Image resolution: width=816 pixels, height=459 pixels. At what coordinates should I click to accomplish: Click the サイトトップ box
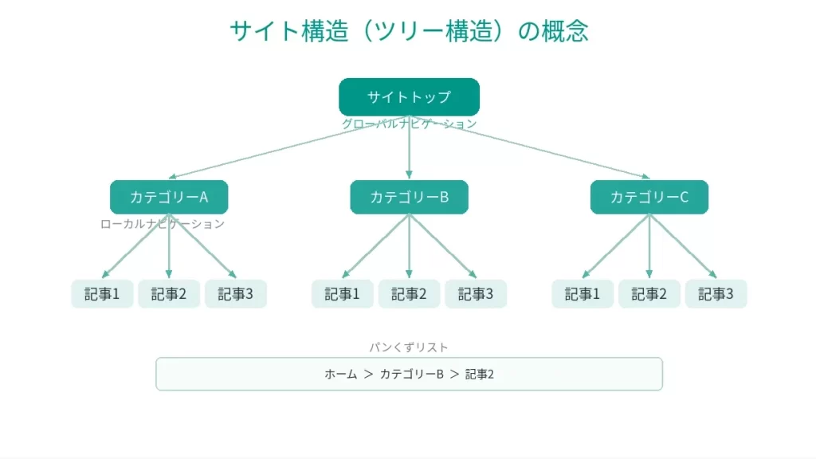409,97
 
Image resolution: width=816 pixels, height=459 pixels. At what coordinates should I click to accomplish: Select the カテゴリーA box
169,197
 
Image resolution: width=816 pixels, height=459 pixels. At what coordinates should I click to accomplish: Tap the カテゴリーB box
409,197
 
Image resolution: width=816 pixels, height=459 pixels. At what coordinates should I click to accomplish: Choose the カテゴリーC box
649,197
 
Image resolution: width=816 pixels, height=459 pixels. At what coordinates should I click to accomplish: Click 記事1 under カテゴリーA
102,294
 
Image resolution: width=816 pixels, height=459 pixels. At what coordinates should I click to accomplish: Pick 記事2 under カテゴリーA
169,294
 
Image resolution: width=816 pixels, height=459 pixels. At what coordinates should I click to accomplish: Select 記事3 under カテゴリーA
236,294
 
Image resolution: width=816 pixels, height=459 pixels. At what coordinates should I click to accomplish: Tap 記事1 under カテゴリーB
343,294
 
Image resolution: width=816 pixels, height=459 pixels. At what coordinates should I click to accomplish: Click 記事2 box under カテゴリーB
409,294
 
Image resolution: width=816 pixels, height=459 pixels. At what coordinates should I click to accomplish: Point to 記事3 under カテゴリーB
476,294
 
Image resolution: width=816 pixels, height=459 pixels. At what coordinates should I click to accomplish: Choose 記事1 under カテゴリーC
583,294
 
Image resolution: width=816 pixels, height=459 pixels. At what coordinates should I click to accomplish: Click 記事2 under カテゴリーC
649,294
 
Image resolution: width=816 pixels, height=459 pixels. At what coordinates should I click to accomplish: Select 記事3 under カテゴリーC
716,294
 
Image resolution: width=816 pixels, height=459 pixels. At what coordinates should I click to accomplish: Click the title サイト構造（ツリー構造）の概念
409,31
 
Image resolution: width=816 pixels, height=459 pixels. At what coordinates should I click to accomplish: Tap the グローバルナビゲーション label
409,124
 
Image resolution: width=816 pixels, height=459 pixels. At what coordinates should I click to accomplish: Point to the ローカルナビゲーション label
163,224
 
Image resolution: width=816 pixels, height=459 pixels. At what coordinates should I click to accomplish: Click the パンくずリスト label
409,347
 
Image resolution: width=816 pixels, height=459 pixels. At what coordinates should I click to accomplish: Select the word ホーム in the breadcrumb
340,374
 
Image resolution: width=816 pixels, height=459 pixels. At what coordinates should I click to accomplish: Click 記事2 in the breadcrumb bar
480,374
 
